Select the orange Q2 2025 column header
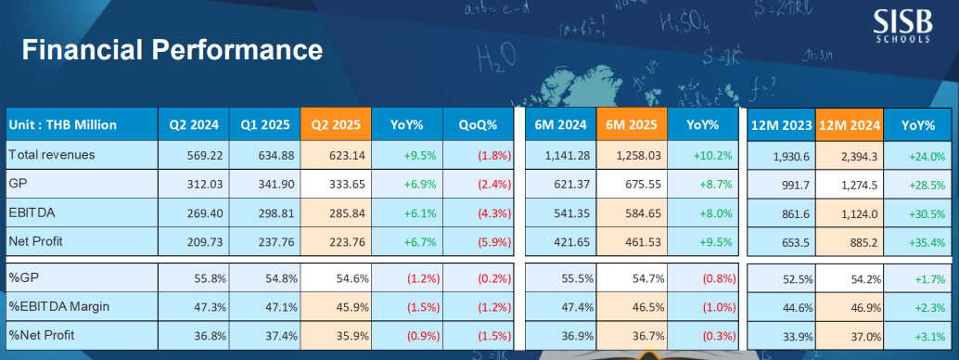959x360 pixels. coord(336,125)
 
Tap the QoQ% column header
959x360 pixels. coord(478,125)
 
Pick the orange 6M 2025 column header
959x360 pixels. coord(632,125)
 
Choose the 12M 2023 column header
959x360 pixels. coord(782,125)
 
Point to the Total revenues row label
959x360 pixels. coord(52,155)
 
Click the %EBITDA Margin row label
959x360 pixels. coord(58,306)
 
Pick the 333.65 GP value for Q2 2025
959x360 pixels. coord(350,185)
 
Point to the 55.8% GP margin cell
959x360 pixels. coord(211,278)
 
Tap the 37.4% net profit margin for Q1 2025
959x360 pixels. coord(282,335)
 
